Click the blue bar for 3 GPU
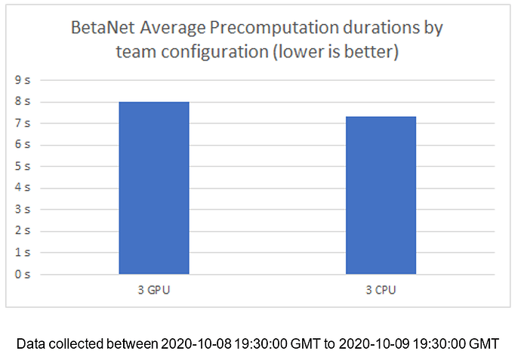pos(153,188)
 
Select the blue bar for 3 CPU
pos(381,195)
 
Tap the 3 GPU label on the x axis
pos(153,290)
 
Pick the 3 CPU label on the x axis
pos(381,290)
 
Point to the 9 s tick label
pos(23,80)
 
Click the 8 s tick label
pos(23,102)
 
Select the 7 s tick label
pos(23,123)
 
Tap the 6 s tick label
pos(23,145)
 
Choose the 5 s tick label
pos(23,166)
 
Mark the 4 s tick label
pos(23,188)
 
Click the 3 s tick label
pos(23,209)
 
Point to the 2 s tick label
pos(23,231)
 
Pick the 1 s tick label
pos(23,252)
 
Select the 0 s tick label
pos(23,274)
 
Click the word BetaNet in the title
pos(102,29)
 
